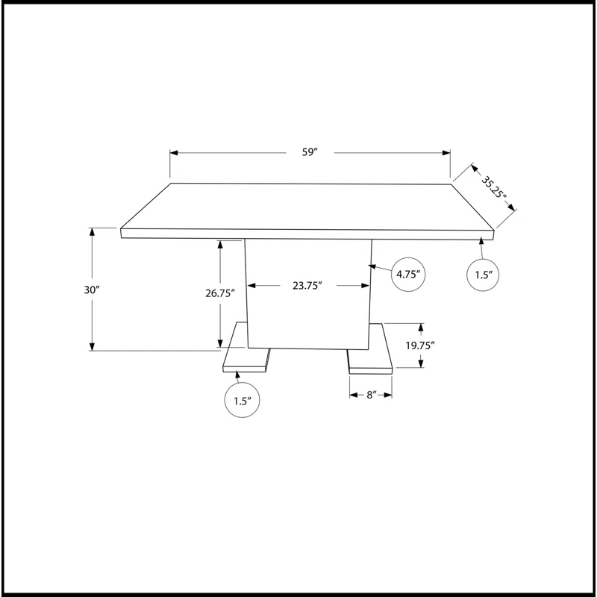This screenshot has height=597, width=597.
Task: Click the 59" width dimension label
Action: click(x=310, y=152)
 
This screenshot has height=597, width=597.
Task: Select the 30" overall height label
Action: click(x=91, y=290)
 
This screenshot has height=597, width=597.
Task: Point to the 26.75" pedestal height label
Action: click(x=220, y=293)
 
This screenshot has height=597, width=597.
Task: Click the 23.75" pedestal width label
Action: click(x=307, y=286)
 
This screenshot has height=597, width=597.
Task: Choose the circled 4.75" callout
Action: click(x=408, y=275)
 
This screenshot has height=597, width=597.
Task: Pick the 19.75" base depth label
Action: click(x=420, y=346)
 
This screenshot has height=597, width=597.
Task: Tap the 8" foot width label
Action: click(x=371, y=395)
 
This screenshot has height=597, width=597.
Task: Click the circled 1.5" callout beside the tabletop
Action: click(x=483, y=275)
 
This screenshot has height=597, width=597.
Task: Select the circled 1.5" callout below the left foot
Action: click(x=242, y=400)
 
